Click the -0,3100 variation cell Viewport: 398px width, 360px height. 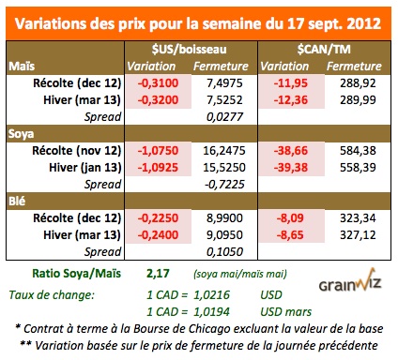[x=155, y=82]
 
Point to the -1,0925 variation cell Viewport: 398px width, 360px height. [x=155, y=165]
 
